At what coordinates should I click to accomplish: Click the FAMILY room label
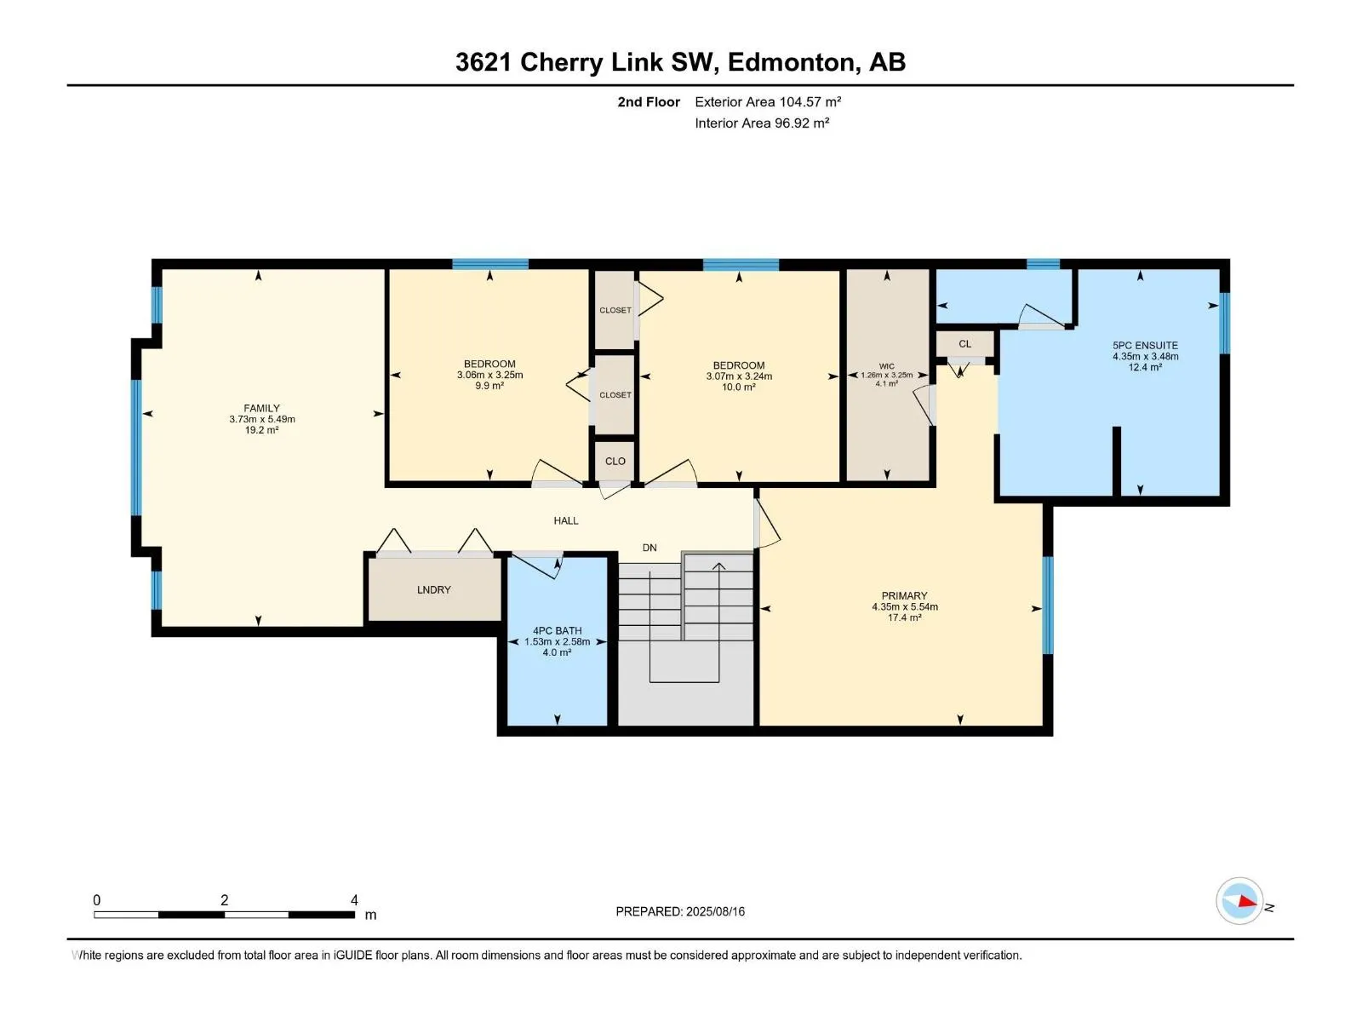(261, 408)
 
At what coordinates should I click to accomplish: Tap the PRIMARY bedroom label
(904, 595)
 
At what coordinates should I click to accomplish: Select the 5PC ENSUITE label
(1145, 345)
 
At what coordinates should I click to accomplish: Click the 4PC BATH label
(557, 630)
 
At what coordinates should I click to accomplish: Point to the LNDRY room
(434, 589)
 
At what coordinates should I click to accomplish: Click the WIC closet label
(887, 366)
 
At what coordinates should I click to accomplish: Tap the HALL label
(566, 520)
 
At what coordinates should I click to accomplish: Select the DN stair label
(650, 548)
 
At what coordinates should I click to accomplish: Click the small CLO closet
(615, 461)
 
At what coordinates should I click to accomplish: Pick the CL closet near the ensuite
(964, 344)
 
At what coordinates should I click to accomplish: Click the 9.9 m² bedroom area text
(489, 385)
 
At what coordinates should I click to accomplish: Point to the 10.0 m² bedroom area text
(738, 387)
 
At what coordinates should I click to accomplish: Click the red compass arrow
(1246, 900)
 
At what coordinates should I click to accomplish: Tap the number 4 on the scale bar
(353, 899)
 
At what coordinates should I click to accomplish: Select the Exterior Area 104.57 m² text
(768, 101)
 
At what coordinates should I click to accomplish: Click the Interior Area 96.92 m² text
(762, 123)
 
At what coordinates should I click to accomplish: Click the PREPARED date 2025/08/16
(715, 911)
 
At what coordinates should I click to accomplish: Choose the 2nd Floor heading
(649, 101)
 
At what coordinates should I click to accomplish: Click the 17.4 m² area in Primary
(904, 617)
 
